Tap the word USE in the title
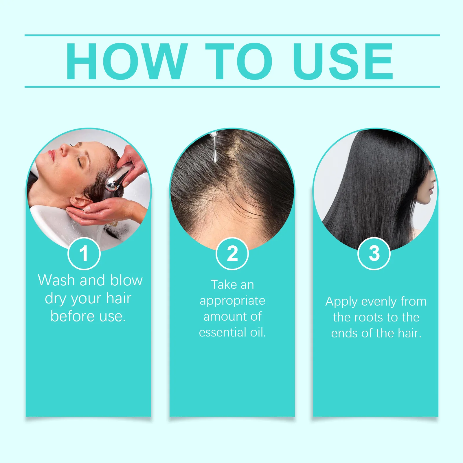[343, 61]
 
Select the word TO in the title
[239, 61]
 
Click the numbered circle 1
[84, 253]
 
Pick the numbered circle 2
[232, 253]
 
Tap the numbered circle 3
[374, 253]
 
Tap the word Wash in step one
[56, 280]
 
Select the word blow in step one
[126, 280]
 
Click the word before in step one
[72, 316]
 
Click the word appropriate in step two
[232, 301]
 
